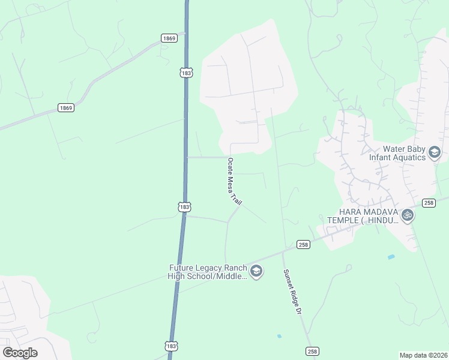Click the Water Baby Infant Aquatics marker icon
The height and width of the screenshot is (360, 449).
point(435,153)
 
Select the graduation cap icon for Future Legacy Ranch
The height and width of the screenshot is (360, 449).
point(256,271)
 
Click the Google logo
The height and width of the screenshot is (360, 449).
point(20,353)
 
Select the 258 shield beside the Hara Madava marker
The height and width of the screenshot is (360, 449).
point(428,203)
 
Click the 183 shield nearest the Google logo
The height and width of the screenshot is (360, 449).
point(171,346)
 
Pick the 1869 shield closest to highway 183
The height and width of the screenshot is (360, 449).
point(169,38)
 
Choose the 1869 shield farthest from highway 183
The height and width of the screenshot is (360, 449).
point(66,108)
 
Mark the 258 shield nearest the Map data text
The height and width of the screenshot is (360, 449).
point(312,351)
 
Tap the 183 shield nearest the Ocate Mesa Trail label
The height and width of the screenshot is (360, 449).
point(184,206)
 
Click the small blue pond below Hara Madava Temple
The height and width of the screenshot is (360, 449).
point(391,257)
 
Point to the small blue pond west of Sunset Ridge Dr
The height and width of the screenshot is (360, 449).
point(279,336)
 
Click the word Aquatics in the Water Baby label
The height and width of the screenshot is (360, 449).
point(408,158)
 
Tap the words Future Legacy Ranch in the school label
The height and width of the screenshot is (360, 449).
point(208,268)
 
